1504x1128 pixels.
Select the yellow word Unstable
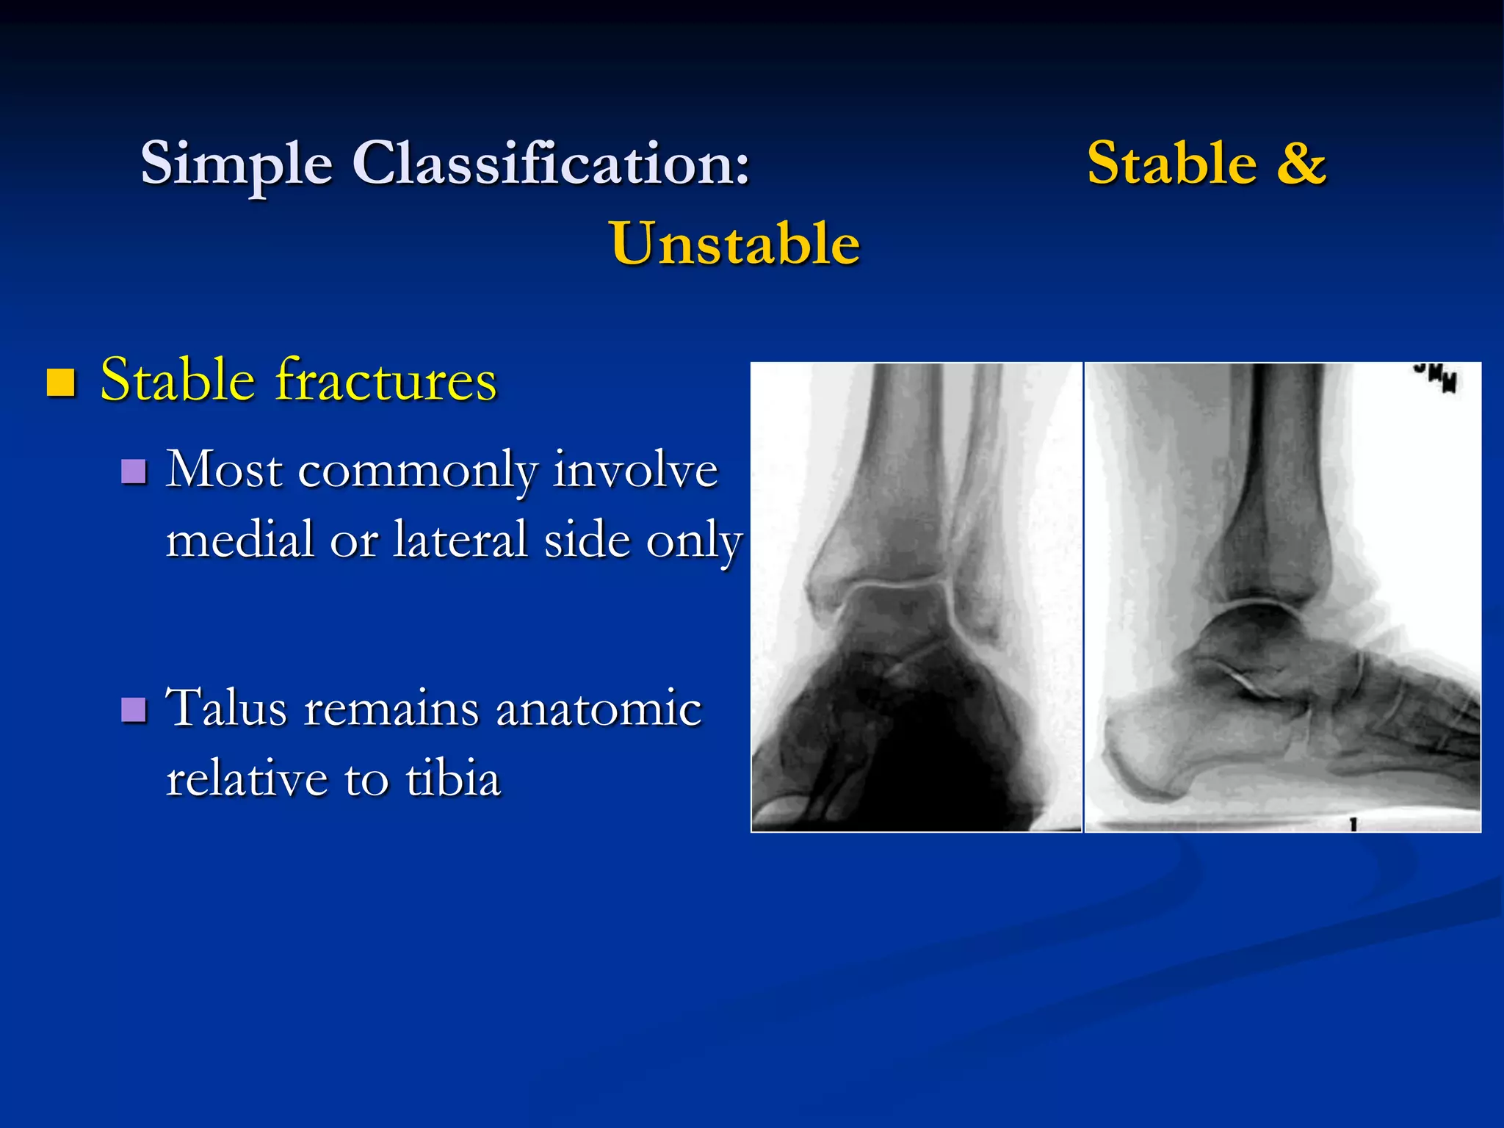point(734,244)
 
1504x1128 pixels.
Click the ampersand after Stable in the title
point(1301,163)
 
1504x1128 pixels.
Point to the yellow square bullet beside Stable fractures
point(61,382)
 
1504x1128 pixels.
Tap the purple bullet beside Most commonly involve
point(134,471)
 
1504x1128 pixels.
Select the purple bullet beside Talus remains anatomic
point(134,710)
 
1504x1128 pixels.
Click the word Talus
point(226,709)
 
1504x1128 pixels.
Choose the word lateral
point(460,540)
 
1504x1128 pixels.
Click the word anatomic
point(599,709)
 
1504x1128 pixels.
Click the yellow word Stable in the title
point(1172,163)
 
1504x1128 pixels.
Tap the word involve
point(635,470)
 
